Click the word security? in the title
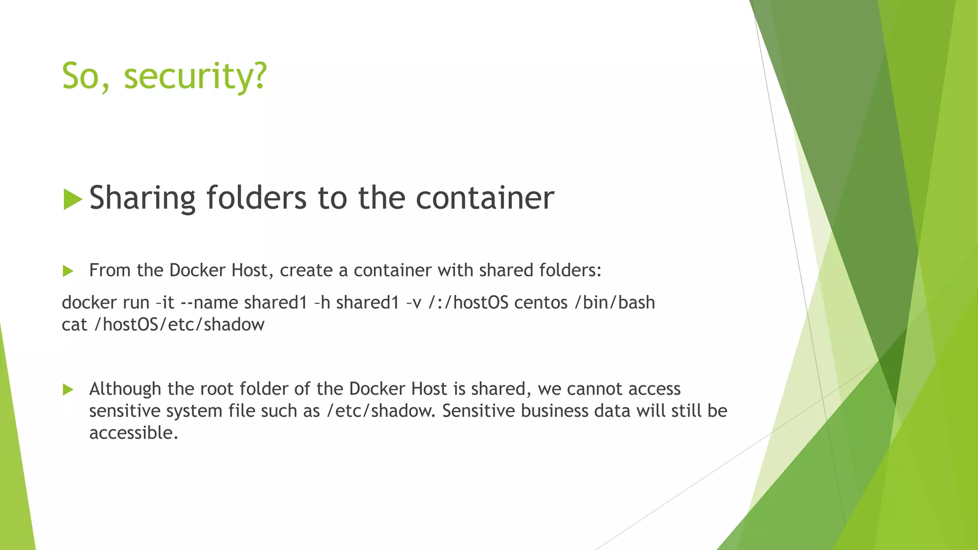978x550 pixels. click(x=195, y=76)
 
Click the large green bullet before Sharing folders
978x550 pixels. click(x=73, y=199)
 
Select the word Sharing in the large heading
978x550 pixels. click(x=142, y=198)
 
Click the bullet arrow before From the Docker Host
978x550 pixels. click(x=68, y=271)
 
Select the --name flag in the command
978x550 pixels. click(x=209, y=303)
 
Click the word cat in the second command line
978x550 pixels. click(x=74, y=325)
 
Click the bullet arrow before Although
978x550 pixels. click(x=68, y=390)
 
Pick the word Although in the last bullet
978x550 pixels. click(x=125, y=389)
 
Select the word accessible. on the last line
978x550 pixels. click(x=134, y=433)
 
